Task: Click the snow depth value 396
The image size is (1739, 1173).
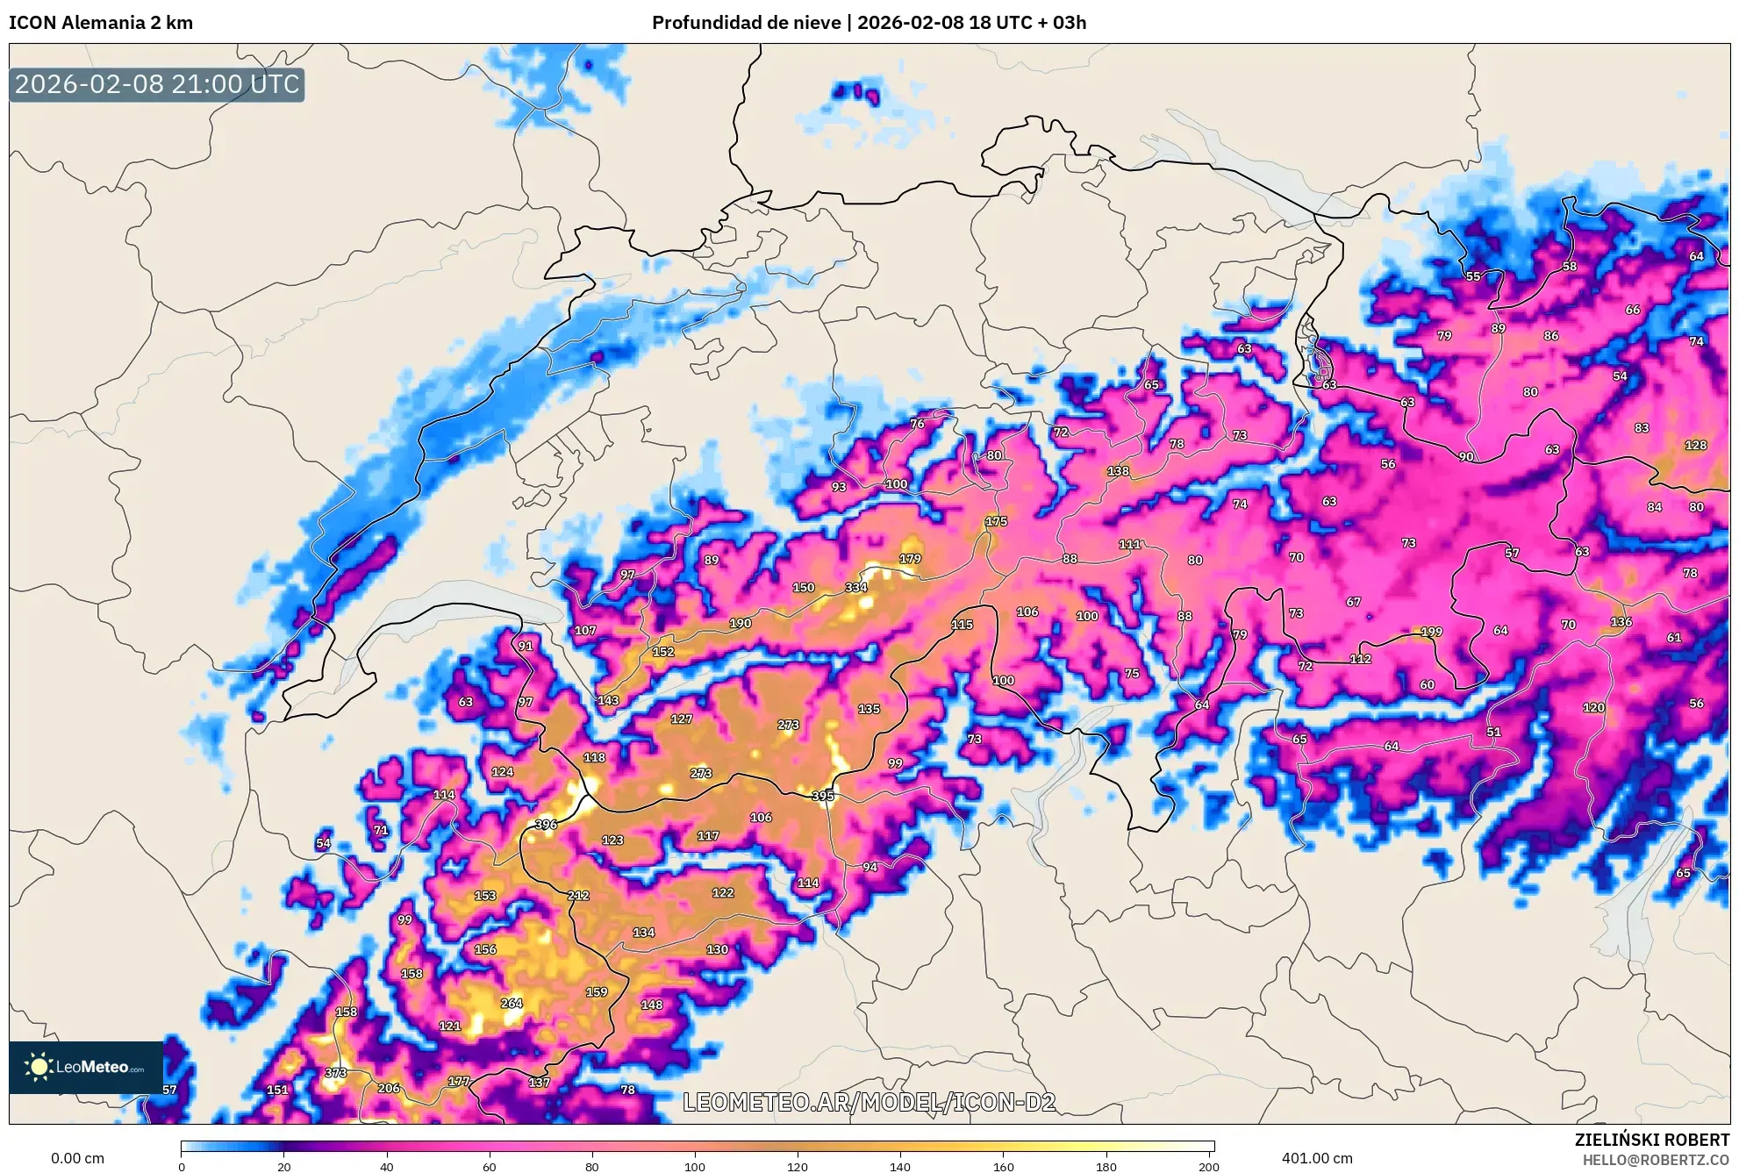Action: [546, 825]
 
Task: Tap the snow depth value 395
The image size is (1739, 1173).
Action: [823, 797]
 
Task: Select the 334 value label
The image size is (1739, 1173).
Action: [855, 588]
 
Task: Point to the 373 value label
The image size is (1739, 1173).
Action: [335, 1073]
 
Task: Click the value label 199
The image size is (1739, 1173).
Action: [1431, 632]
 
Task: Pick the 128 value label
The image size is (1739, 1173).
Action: [1695, 446]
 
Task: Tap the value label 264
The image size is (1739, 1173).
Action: [511, 1004]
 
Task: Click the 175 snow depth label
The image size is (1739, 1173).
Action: [996, 521]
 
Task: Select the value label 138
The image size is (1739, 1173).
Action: [1118, 471]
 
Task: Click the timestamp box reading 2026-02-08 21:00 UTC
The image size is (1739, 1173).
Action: [157, 85]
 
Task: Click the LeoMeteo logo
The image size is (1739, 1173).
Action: [86, 1067]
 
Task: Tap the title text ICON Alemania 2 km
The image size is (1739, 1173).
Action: [101, 23]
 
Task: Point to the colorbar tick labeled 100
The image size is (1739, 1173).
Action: [694, 1167]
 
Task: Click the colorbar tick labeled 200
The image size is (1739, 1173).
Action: [1208, 1167]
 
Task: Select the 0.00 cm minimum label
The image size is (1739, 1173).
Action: [77, 1158]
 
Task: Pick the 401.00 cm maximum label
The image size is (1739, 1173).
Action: [1316, 1158]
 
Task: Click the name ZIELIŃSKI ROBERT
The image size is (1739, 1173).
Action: [1651, 1140]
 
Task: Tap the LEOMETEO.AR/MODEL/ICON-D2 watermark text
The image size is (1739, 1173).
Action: [869, 1102]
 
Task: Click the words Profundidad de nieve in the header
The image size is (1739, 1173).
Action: [746, 23]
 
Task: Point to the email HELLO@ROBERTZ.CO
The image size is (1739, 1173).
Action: [1656, 1160]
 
